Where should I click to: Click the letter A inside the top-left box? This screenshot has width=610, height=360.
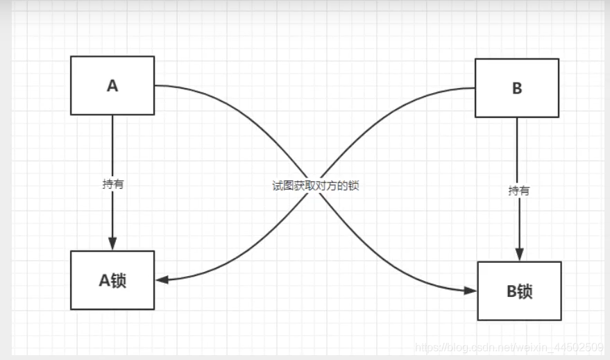click(x=112, y=86)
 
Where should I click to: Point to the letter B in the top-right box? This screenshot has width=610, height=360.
click(x=516, y=89)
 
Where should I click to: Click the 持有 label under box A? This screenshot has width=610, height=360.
click(x=113, y=185)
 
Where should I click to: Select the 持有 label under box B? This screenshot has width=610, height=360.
click(x=518, y=191)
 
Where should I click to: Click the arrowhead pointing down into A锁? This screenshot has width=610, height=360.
click(x=112, y=243)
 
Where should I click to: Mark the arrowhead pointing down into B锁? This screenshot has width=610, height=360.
click(x=518, y=254)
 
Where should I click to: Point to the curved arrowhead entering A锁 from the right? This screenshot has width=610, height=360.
click(x=162, y=280)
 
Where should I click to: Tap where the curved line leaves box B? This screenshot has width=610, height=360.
click(x=474, y=88)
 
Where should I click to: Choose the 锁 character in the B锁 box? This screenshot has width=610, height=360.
click(x=525, y=291)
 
